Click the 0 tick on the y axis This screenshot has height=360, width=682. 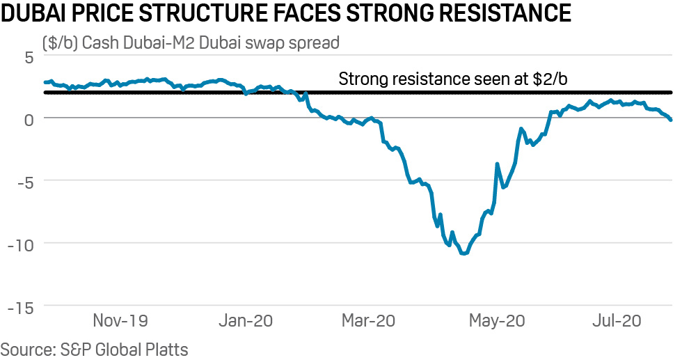click(29, 118)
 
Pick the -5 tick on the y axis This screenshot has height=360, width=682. click(25, 181)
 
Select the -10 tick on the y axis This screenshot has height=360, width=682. click(21, 244)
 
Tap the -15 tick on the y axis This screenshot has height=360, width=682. click(21, 306)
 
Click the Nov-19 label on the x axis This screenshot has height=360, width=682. click(120, 322)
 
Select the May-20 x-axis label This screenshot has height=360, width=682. click(496, 322)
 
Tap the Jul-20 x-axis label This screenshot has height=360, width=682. click(615, 322)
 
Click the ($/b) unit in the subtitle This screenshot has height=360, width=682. click(60, 43)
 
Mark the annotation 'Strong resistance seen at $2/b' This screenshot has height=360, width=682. click(452, 79)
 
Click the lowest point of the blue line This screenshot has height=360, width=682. click(463, 253)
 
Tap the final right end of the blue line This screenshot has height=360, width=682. click(671, 120)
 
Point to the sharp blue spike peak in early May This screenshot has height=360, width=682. click(497, 164)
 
